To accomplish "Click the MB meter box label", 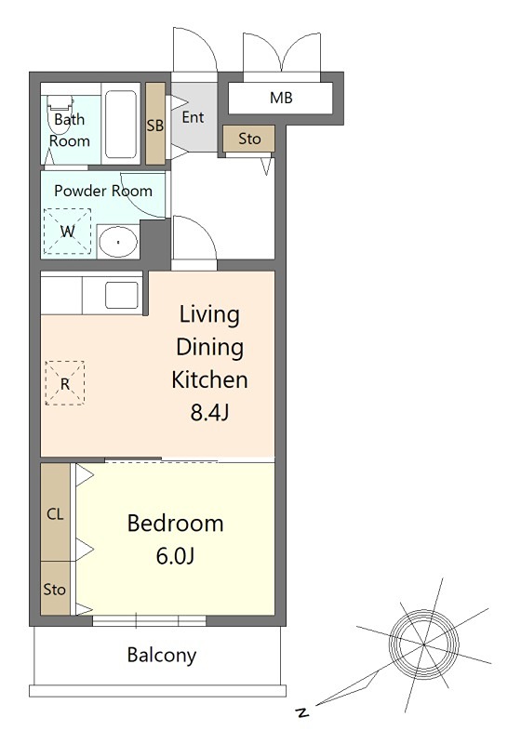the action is point(281,98).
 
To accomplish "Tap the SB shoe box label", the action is point(155,126).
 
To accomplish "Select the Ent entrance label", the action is point(193,117).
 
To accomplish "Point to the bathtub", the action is point(121,125).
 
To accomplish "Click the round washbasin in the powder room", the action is point(117,242).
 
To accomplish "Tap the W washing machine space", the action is point(67,232).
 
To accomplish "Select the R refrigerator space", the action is point(65,383).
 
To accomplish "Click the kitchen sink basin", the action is point(122,295).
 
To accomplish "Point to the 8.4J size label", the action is point(209,412).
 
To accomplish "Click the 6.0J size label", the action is point(175,555).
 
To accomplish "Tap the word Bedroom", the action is point(175,524).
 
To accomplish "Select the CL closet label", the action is point(55,514).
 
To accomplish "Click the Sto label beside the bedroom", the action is point(54,590).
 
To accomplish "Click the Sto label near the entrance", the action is point(249,139).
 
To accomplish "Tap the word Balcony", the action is point(162,656).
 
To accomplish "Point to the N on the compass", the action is point(301,711).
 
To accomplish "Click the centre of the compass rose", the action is point(423,644).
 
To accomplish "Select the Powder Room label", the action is point(103,191).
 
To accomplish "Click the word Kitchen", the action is point(209,379).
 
